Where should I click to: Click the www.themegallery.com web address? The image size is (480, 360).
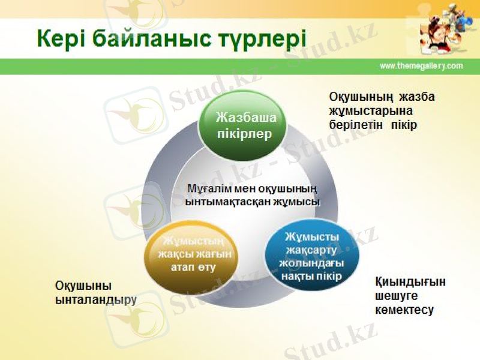(x=421, y=66)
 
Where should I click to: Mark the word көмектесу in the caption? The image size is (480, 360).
(x=404, y=310)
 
